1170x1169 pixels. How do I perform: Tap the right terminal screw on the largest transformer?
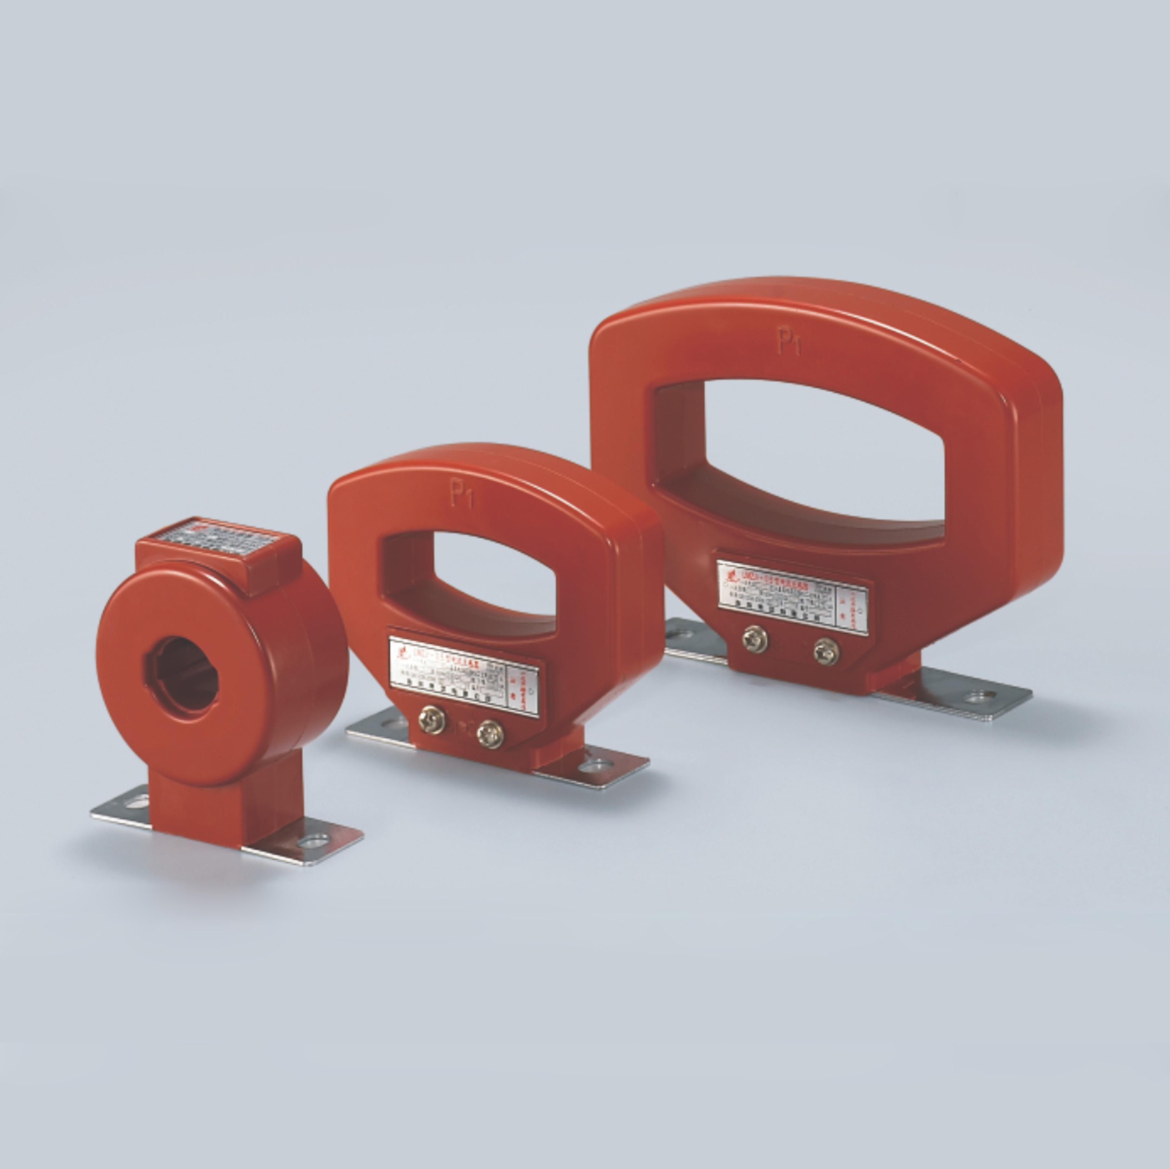pyautogui.click(x=826, y=652)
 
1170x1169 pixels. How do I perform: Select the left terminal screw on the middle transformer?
pyautogui.click(x=432, y=720)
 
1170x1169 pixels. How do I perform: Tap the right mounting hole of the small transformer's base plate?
pyautogui.click(x=314, y=841)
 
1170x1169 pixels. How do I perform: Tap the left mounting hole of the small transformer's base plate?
pyautogui.click(x=137, y=802)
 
